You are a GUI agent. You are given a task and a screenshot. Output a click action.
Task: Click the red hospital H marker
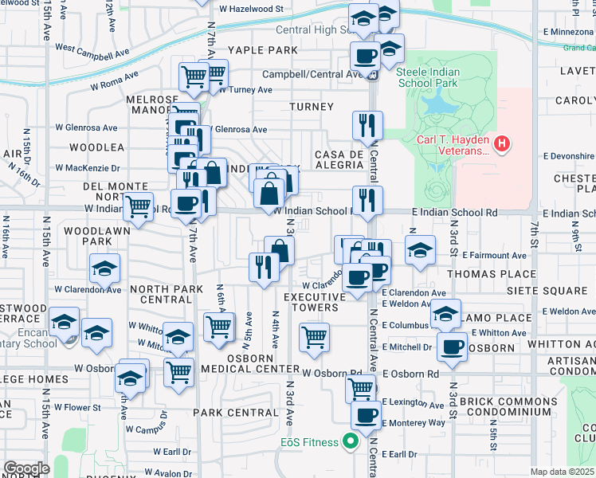tap(502, 144)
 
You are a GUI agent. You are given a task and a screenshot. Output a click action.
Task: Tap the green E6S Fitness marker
tap(349, 441)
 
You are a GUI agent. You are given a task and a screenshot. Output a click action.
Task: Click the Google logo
tap(26, 468)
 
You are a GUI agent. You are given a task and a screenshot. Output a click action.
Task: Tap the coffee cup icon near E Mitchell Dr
tap(453, 347)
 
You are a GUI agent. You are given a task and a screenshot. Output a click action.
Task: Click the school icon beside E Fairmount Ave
tap(420, 250)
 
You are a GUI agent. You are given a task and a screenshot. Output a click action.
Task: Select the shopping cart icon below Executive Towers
tap(314, 337)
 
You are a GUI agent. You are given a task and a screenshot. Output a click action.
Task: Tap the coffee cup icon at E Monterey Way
tap(367, 415)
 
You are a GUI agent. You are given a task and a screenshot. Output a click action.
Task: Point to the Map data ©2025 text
tap(563, 472)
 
